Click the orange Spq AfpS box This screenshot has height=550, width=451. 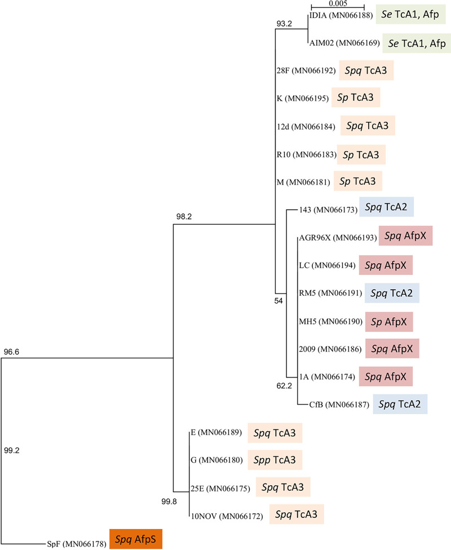[136, 539]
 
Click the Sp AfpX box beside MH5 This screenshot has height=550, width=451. [390, 321]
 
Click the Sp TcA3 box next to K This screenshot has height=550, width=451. [356, 97]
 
